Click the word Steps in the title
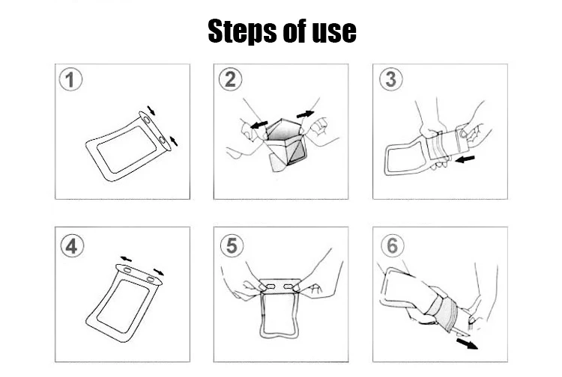coord(243,31)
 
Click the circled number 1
coord(70,79)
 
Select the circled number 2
coord(231,79)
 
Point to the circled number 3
coord(390,79)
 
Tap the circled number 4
coord(72,246)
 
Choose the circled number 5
coord(232,245)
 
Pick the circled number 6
coord(393,245)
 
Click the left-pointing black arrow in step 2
coord(259,125)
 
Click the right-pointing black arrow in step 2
coord(306,114)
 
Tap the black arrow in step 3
coord(465,159)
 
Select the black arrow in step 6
coord(467,343)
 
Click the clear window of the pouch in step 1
coord(127,150)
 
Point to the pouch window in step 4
coord(123,306)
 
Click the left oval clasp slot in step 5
coord(271,286)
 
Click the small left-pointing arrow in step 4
coord(126,259)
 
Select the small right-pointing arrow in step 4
coord(158,272)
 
